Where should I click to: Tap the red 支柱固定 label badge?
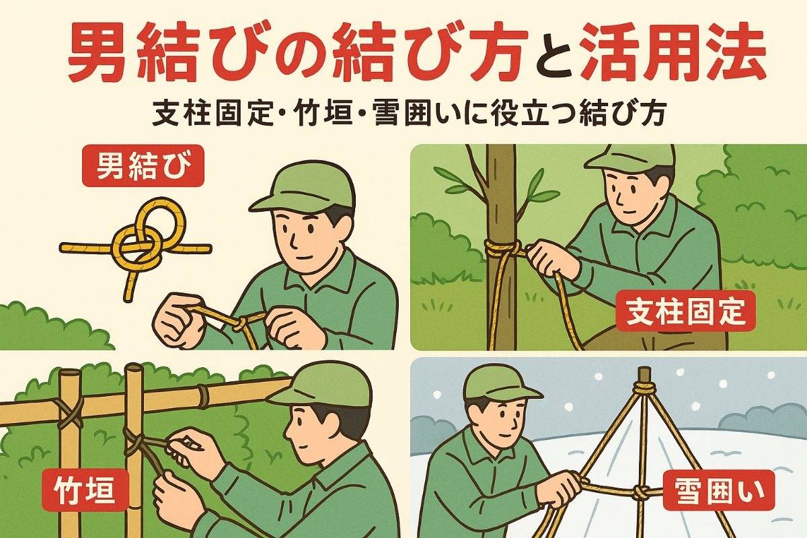tap(685, 311)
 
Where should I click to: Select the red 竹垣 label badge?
tap(85, 490)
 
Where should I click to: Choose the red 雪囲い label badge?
tap(720, 490)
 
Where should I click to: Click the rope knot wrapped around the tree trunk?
tap(503, 250)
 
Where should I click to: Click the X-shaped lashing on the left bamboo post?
tap(70, 414)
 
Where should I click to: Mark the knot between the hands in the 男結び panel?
tap(241, 323)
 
